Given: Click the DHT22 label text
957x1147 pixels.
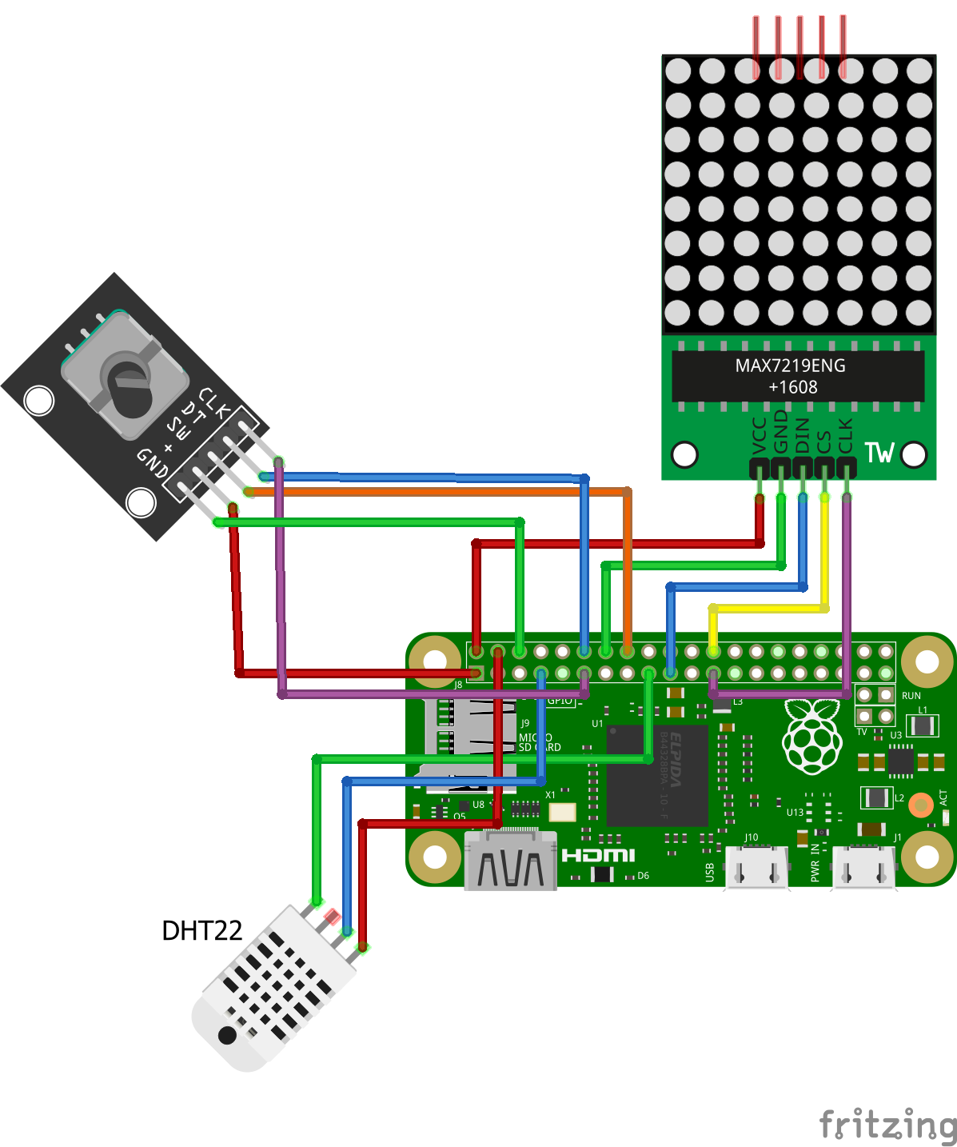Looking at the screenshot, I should pyautogui.click(x=201, y=930).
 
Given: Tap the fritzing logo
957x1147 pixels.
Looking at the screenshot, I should pyautogui.click(x=887, y=1125).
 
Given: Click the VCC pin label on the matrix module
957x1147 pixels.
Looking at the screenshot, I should pyautogui.click(x=760, y=435).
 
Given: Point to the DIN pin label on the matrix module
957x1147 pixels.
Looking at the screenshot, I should pyautogui.click(x=803, y=435).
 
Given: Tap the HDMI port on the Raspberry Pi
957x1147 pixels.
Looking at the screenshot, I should pyautogui.click(x=511, y=862).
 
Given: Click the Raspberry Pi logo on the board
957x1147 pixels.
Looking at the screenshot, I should pyautogui.click(x=812, y=736).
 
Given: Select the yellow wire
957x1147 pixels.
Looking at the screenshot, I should pyautogui.click(x=768, y=609).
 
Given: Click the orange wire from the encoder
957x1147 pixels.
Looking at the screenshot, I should pyautogui.click(x=440, y=492).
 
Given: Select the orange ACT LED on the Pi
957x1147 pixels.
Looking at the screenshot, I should pyautogui.click(x=920, y=805).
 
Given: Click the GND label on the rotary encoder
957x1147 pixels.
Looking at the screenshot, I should pyautogui.click(x=152, y=462).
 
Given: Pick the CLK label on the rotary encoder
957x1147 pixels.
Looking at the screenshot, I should pyautogui.click(x=214, y=402).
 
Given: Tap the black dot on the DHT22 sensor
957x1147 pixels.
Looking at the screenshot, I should pyautogui.click(x=227, y=1036).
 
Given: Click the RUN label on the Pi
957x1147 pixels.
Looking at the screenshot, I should pyautogui.click(x=911, y=696).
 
